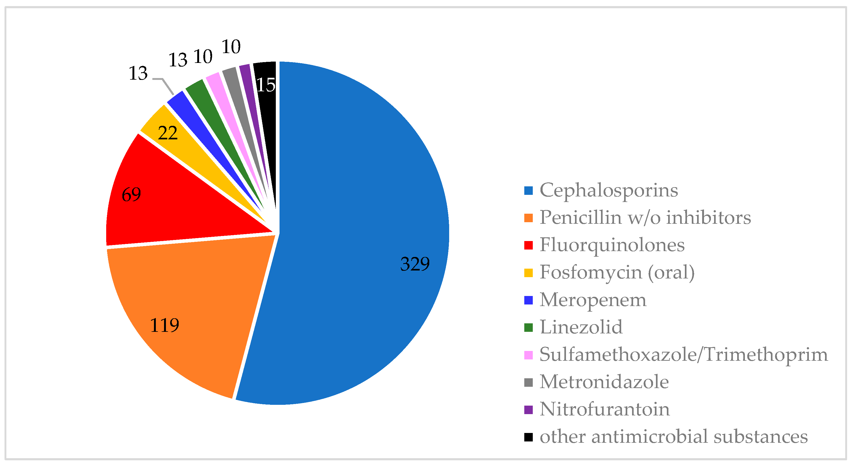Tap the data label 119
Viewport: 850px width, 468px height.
[x=164, y=325]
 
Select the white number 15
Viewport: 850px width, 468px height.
[x=266, y=85]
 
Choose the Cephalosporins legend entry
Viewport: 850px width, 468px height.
[x=608, y=190]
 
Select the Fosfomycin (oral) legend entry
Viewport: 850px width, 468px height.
[x=617, y=273]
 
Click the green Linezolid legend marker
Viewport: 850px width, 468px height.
[x=528, y=327]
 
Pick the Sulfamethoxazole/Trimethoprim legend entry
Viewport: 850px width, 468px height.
[x=683, y=355]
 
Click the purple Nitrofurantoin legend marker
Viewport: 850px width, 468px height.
[x=528, y=410]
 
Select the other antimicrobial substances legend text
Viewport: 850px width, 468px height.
[x=673, y=437]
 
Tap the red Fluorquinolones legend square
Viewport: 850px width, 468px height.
[x=528, y=245]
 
